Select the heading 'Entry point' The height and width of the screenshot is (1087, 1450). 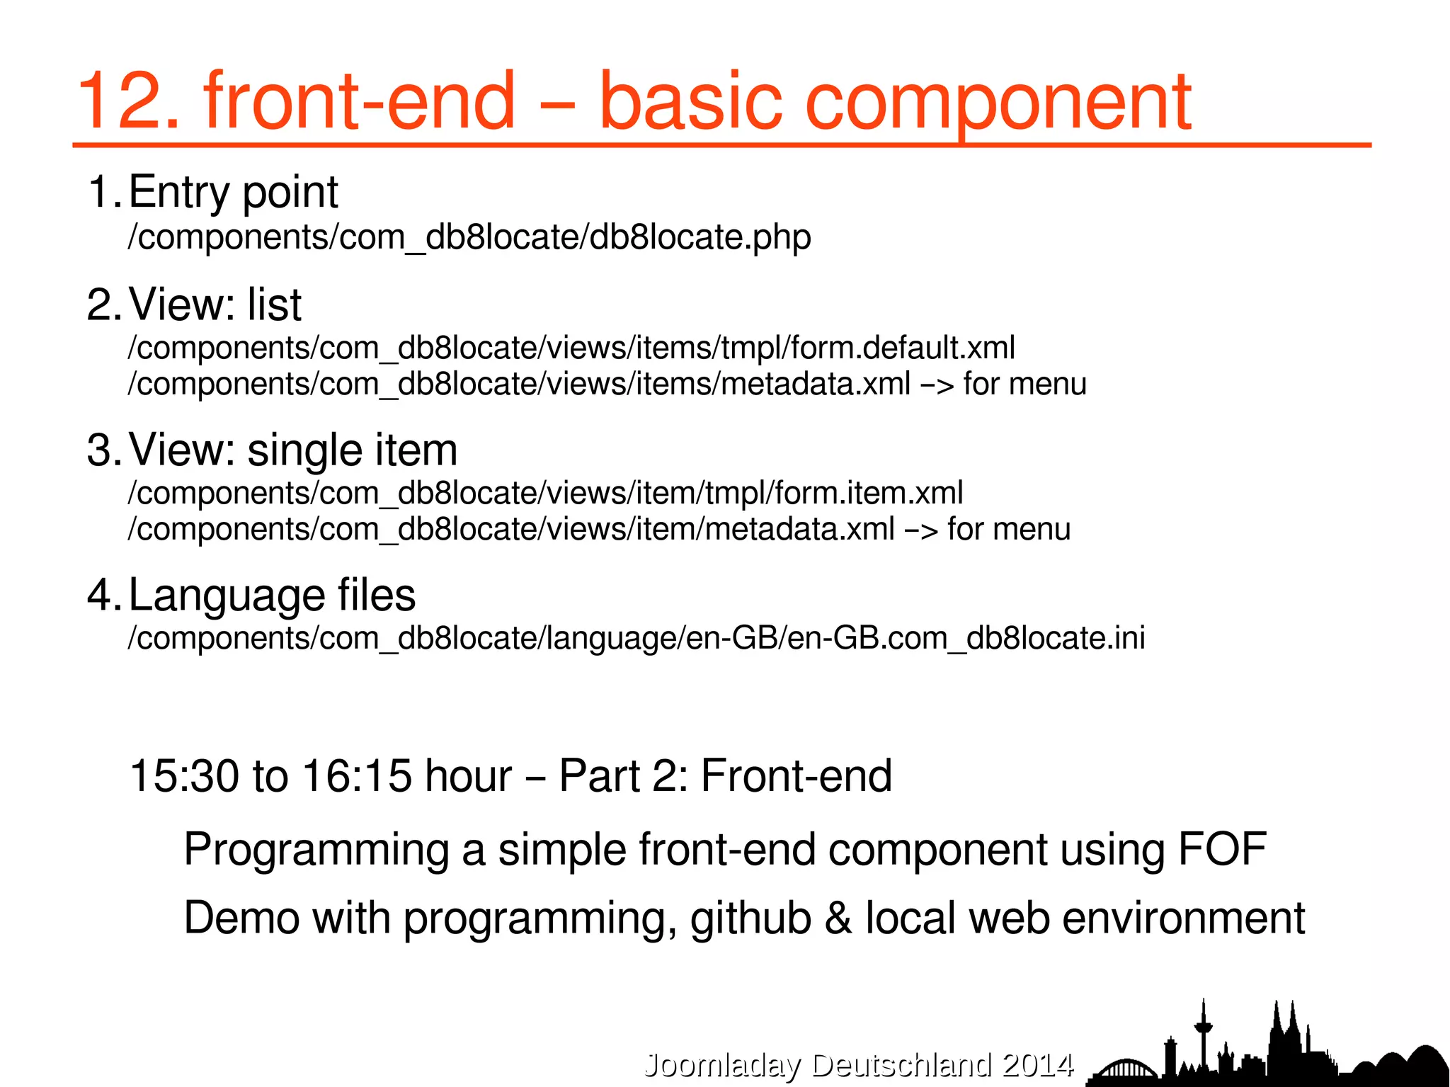[233, 192]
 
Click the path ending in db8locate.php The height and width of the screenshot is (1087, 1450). [469, 237]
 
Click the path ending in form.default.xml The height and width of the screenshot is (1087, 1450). [571, 348]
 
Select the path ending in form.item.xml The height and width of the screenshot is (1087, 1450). [544, 493]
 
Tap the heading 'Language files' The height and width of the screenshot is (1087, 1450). [272, 595]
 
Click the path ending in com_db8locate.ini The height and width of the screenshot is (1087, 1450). [636, 638]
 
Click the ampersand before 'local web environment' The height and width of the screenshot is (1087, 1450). [838, 918]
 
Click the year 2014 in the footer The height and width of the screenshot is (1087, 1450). [1038, 1065]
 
